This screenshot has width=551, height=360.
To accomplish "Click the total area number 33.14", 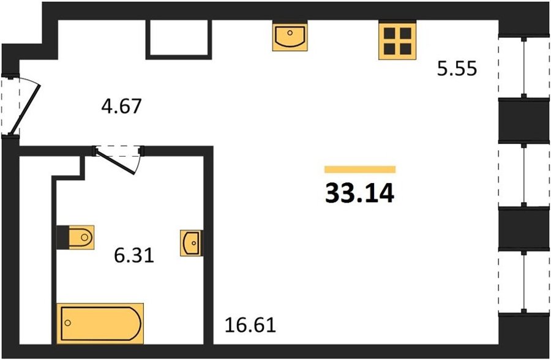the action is tap(359, 193).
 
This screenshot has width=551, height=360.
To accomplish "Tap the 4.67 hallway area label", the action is tap(121, 106).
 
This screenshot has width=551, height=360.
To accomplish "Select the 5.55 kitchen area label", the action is tap(457, 69).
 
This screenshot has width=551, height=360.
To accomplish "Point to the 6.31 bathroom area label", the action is tap(134, 255).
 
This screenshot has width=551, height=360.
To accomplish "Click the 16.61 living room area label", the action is tap(250, 325).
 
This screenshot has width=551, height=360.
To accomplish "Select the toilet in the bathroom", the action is tap(81, 238).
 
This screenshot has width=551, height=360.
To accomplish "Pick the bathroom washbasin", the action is tap(192, 243).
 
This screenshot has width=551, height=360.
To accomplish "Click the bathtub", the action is tap(100, 323).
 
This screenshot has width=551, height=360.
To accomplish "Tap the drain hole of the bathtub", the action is tap(68, 323).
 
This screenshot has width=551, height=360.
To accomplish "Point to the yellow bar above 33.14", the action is tap(360, 170).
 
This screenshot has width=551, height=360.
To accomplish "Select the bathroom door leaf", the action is tap(116, 162).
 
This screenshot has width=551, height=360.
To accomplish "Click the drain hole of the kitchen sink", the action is tap(290, 32).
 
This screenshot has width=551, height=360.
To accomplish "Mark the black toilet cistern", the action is tap(63, 238).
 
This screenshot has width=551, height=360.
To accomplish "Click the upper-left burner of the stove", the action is tap(390, 33).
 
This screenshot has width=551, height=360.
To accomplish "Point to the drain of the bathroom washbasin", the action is tap(193, 242).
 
